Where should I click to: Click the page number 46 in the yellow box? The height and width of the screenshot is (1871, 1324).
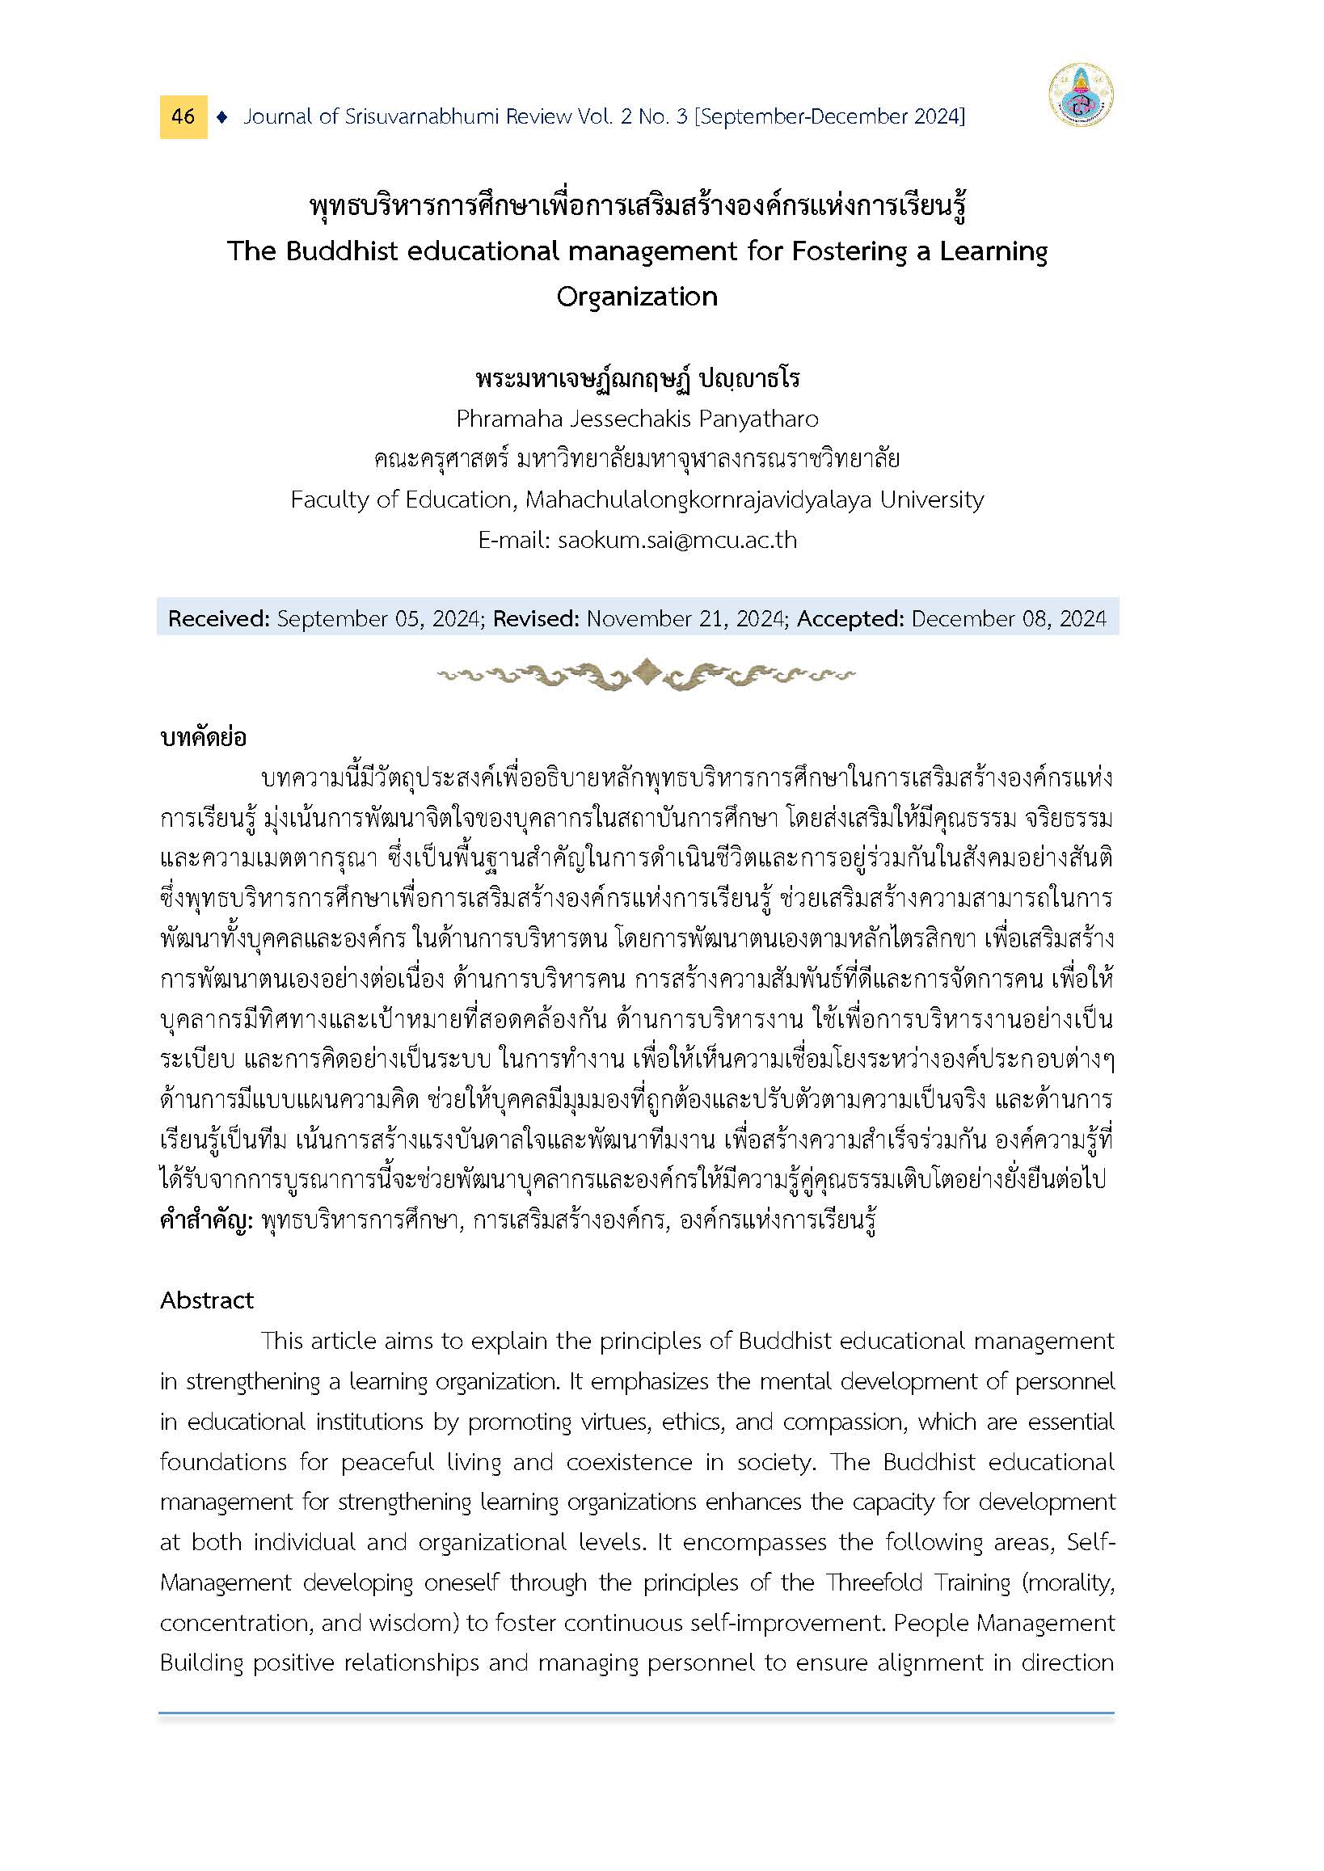tap(183, 116)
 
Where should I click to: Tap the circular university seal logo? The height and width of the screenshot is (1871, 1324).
tap(1081, 95)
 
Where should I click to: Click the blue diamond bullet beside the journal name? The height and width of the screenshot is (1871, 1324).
tap(221, 117)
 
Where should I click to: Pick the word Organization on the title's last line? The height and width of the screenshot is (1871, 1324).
tap(637, 297)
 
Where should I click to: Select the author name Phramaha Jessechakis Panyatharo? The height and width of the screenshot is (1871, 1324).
tap(637, 419)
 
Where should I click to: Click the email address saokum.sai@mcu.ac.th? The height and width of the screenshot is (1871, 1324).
tap(677, 541)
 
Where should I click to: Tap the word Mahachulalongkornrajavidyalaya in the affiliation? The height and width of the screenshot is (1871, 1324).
tap(698, 499)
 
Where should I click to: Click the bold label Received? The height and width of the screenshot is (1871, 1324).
tap(218, 619)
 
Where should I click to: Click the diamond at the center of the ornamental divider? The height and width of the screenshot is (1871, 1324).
tap(646, 672)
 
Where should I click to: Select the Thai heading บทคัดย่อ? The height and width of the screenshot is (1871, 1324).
tap(203, 738)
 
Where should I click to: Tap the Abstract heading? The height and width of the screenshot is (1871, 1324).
tap(207, 1300)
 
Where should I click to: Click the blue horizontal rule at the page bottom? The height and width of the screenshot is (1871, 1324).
tap(636, 1713)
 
